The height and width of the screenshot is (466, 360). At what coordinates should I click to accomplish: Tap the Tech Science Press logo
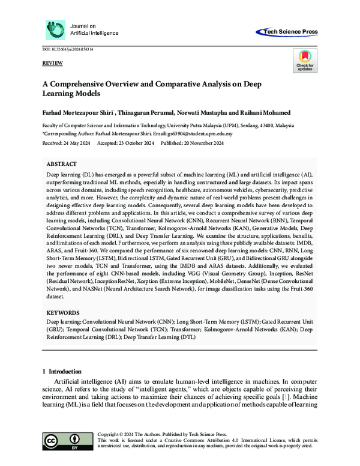(287, 32)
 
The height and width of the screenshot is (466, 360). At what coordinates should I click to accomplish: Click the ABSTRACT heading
(62, 163)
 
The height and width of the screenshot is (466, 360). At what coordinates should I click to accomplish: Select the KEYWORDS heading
(62, 313)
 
